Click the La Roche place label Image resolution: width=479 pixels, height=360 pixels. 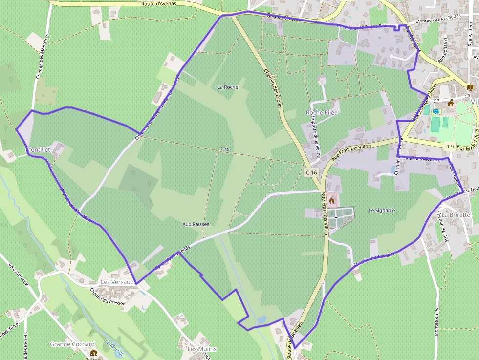(x=227, y=87)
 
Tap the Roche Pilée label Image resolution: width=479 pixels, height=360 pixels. (x=322, y=112)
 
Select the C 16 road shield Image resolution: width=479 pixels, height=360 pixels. (x=311, y=172)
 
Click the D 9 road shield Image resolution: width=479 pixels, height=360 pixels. (x=450, y=146)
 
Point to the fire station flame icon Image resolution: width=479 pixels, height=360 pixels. (x=332, y=200)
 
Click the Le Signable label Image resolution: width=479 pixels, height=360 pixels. (x=382, y=210)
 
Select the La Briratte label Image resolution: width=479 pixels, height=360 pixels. (x=456, y=215)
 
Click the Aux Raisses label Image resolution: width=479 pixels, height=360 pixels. (x=196, y=224)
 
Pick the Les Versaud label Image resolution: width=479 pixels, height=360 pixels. (x=117, y=282)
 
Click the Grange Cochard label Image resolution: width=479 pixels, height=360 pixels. (x=72, y=344)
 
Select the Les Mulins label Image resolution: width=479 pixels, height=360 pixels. (x=202, y=349)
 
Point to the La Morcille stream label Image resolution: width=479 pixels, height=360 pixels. (x=114, y=348)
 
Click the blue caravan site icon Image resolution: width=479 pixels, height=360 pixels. (x=436, y=111)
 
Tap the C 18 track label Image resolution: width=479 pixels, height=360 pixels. (x=224, y=148)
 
